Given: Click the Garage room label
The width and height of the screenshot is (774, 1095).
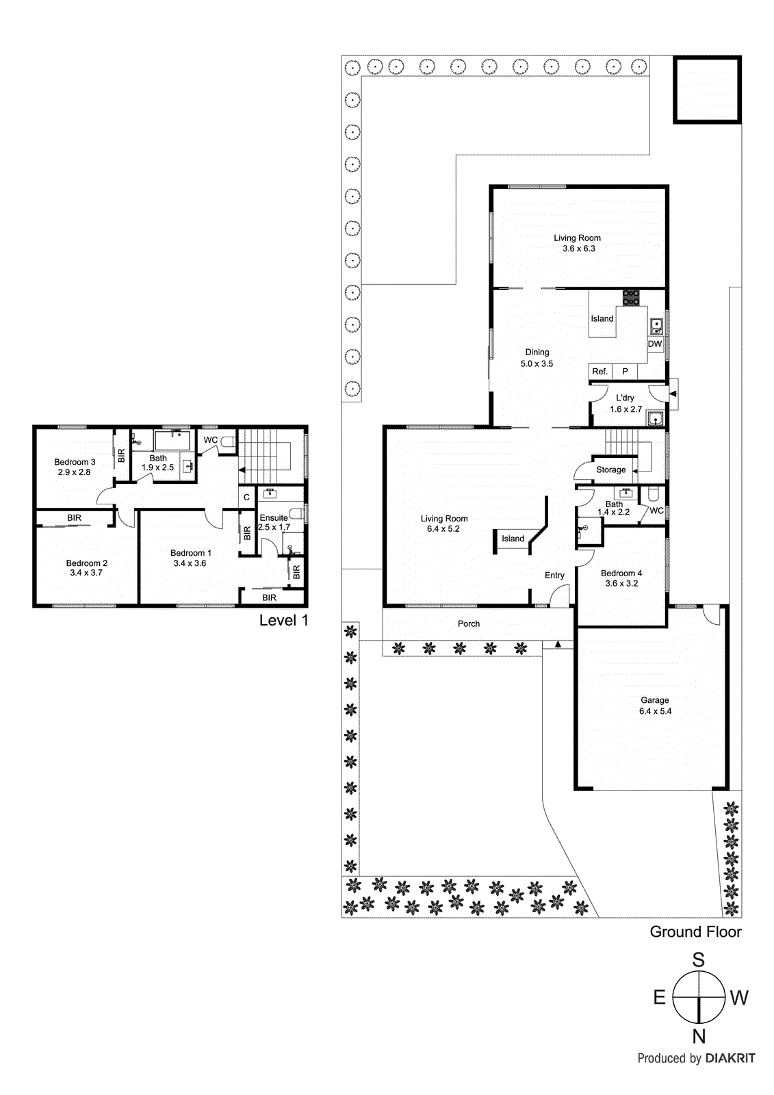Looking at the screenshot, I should (654, 700).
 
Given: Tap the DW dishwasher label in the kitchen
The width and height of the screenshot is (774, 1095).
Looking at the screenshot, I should (655, 344).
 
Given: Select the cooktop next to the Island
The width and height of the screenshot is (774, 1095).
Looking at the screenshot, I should (631, 297).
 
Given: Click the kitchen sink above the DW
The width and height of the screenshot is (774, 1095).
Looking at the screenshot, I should (656, 326).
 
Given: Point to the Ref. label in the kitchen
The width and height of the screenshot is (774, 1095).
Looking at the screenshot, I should (599, 372).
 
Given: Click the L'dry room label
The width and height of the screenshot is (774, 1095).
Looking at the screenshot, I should (625, 398).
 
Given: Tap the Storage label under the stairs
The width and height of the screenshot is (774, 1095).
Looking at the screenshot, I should (610, 469).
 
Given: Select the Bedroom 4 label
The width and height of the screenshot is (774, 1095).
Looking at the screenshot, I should (621, 574).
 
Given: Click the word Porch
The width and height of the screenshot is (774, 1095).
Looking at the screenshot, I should (469, 623).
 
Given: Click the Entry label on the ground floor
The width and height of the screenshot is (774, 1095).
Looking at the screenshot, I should (554, 576).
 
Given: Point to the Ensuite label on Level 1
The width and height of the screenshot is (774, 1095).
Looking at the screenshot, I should (273, 518).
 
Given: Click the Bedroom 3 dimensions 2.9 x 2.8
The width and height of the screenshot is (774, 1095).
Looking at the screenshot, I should (74, 472).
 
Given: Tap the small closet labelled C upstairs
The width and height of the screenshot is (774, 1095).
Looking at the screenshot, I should (247, 498).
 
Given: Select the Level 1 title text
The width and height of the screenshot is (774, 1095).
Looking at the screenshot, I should (283, 621).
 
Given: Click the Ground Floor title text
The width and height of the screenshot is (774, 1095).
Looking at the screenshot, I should (695, 931).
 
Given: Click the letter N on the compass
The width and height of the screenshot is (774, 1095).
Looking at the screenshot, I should (698, 1036).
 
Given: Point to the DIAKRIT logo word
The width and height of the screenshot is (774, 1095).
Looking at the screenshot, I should (730, 1058).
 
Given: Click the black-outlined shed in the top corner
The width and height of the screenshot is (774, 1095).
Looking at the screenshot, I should (707, 90).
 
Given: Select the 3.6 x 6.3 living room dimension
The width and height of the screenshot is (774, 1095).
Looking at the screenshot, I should (578, 248).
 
